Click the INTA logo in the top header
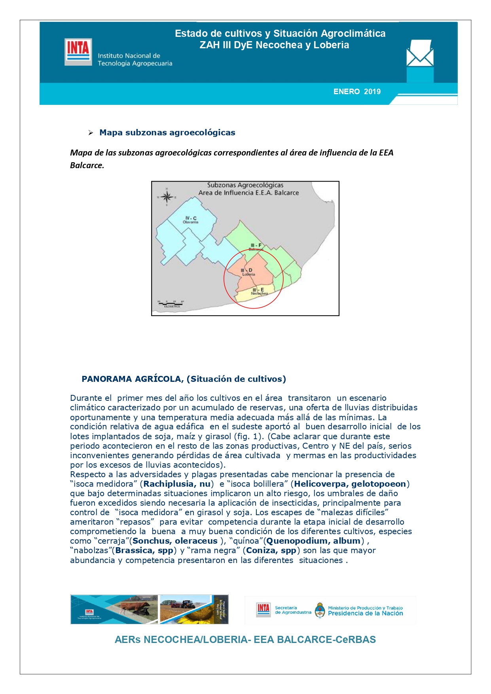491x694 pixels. click(78, 51)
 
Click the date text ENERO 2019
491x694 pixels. click(357, 92)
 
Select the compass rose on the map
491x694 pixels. click(167, 197)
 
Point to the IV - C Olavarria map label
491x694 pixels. click(191, 220)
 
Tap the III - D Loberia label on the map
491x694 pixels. click(248, 272)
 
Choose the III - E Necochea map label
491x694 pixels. click(260, 291)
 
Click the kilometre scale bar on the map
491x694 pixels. click(170, 304)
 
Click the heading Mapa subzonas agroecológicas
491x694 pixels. click(167, 133)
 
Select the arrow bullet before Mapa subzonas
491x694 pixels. click(91, 133)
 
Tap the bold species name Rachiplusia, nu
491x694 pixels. click(177, 484)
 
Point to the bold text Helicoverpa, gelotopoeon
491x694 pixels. click(350, 484)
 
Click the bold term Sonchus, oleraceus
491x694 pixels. click(175, 541)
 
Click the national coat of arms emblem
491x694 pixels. click(320, 610)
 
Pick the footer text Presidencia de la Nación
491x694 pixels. click(365, 613)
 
